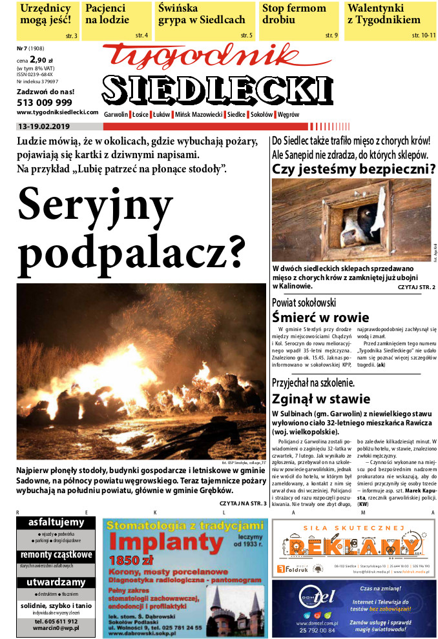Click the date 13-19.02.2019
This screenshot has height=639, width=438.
(48, 127)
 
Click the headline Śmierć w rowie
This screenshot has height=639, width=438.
(320, 317)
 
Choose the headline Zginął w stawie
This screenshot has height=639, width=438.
(321, 398)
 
